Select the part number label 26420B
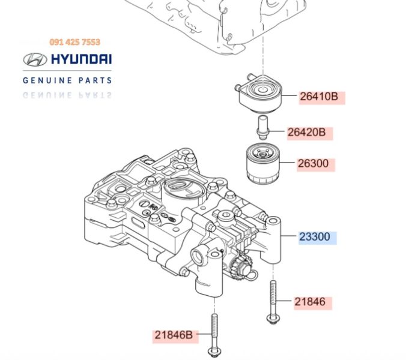coord(309,133)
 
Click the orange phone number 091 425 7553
coord(74,42)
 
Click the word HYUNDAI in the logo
coord(81,60)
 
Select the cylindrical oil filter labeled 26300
coord(262,163)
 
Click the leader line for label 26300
coord(287,163)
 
